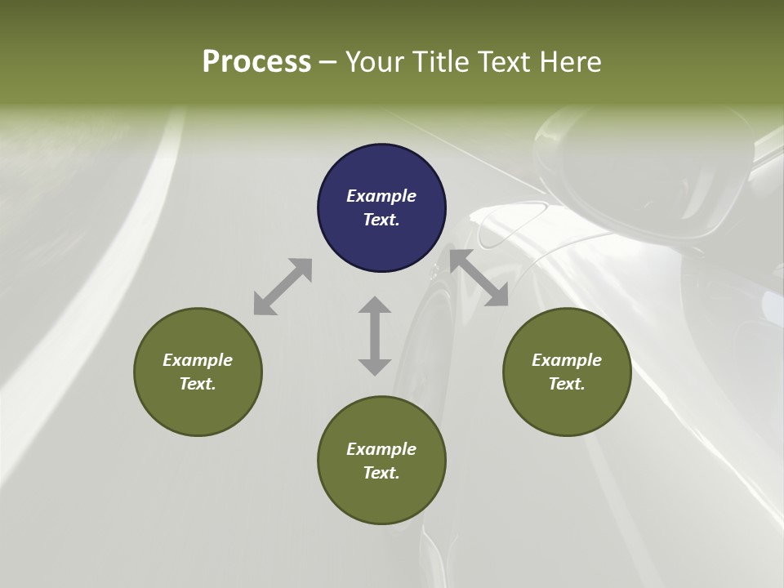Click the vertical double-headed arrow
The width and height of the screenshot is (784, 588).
(375, 336)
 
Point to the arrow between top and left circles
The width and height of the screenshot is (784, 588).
(283, 286)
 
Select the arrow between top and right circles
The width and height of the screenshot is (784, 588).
(479, 278)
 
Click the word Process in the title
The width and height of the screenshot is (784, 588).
(256, 61)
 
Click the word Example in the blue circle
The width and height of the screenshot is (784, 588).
(381, 196)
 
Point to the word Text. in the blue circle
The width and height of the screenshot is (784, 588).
(381, 220)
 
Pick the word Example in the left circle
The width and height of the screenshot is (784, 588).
(198, 360)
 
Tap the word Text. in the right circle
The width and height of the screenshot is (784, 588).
(567, 384)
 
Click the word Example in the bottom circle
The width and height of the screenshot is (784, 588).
(381, 449)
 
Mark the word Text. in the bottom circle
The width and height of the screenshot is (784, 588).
(381, 473)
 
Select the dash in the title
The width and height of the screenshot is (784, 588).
(328, 62)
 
